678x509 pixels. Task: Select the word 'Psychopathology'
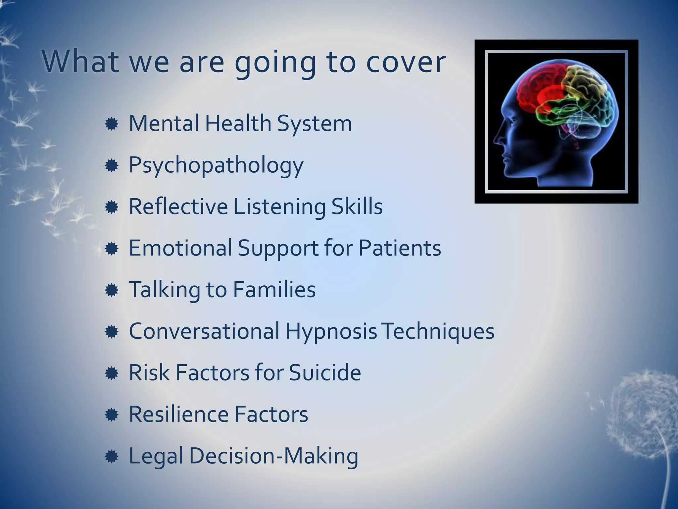click(216, 165)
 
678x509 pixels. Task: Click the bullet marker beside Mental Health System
click(112, 124)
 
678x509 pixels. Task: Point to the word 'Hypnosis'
click(331, 331)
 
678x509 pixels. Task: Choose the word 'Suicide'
click(325, 372)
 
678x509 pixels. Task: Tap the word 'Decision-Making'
click(274, 456)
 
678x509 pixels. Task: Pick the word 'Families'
click(274, 289)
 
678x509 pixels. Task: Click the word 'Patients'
click(400, 248)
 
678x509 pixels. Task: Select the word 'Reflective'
click(178, 206)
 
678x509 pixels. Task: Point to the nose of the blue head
click(497, 138)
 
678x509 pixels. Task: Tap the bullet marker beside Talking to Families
click(112, 291)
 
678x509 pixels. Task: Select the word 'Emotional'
click(180, 248)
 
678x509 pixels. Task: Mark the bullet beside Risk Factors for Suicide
click(112, 374)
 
